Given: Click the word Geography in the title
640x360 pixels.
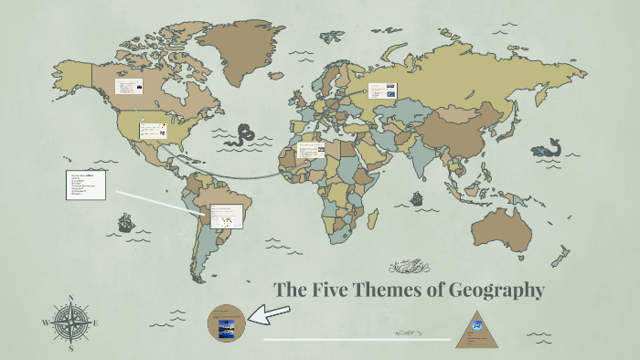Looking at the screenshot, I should (493, 291).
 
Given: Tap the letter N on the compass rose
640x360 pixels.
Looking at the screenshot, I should (71, 298).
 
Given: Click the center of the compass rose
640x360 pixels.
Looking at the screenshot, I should (71, 322).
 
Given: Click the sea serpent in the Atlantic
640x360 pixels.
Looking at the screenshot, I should (242, 138).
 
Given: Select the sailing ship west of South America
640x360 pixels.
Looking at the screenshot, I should (126, 222).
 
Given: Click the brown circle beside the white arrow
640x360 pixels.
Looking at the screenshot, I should (226, 323).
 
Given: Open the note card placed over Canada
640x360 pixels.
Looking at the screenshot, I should (129, 87).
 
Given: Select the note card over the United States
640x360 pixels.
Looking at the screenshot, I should (152, 131).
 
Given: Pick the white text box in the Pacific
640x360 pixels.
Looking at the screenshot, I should (86, 185).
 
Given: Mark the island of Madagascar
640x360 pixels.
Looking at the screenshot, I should (384, 227).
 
